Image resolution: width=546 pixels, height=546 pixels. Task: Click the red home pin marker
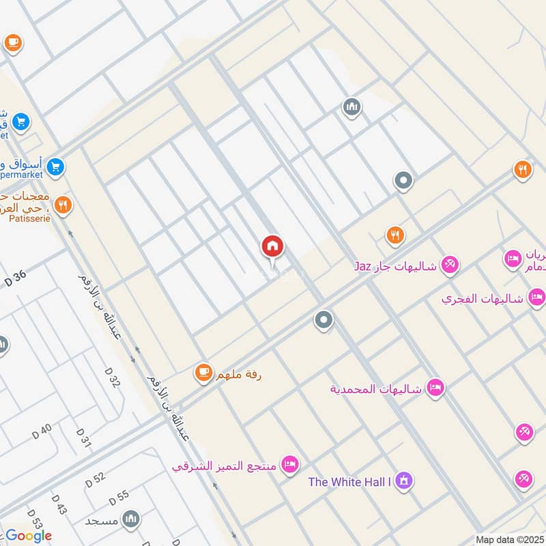pyautogui.click(x=272, y=247)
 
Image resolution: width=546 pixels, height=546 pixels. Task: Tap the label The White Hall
pyautogui.click(x=349, y=482)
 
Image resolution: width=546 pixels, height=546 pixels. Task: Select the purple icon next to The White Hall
pyautogui.click(x=404, y=480)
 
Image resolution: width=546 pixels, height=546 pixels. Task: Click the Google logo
pyautogui.click(x=29, y=536)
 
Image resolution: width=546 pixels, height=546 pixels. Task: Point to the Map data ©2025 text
pyautogui.click(x=510, y=540)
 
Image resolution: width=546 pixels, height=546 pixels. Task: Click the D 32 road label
pyautogui.click(x=113, y=377)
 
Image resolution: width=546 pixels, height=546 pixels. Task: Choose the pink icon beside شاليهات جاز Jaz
pyautogui.click(x=450, y=264)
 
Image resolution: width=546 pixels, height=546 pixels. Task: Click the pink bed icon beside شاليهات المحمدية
pyautogui.click(x=435, y=388)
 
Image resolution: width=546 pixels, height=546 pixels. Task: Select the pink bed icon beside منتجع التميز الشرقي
pyautogui.click(x=290, y=465)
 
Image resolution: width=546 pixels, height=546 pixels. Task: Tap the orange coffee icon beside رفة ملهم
pyautogui.click(x=203, y=372)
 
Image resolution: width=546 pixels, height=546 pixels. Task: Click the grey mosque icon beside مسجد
pyautogui.click(x=130, y=519)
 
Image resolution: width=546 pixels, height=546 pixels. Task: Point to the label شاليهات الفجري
pyautogui.click(x=482, y=299)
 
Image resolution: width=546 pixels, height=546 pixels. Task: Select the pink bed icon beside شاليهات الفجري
pyautogui.click(x=537, y=297)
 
